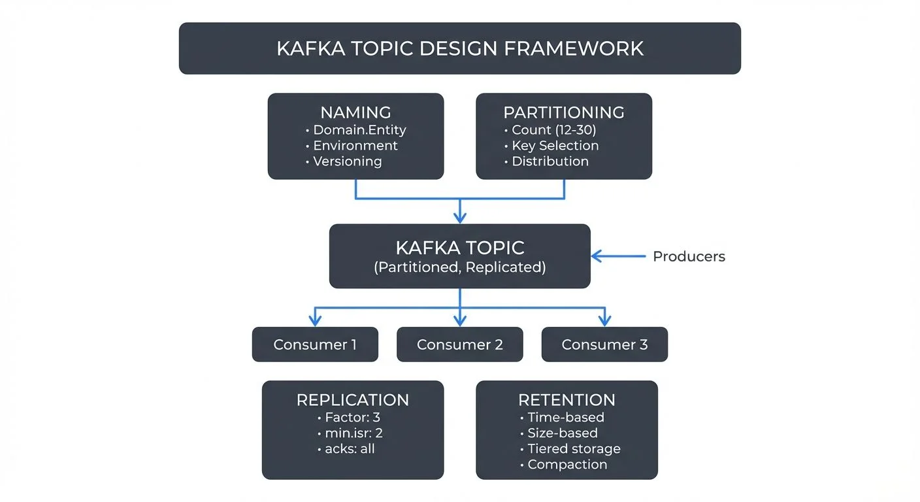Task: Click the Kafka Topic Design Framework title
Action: point(459,48)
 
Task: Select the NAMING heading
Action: point(355,112)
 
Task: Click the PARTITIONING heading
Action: point(563,112)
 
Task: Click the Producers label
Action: point(689,256)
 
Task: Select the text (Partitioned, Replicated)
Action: point(459,267)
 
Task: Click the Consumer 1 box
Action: point(315,344)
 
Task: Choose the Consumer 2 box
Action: point(459,344)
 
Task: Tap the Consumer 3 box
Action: point(604,344)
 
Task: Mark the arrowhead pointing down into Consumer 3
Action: point(604,320)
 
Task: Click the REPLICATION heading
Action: point(352,400)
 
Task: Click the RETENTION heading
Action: point(567,400)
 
